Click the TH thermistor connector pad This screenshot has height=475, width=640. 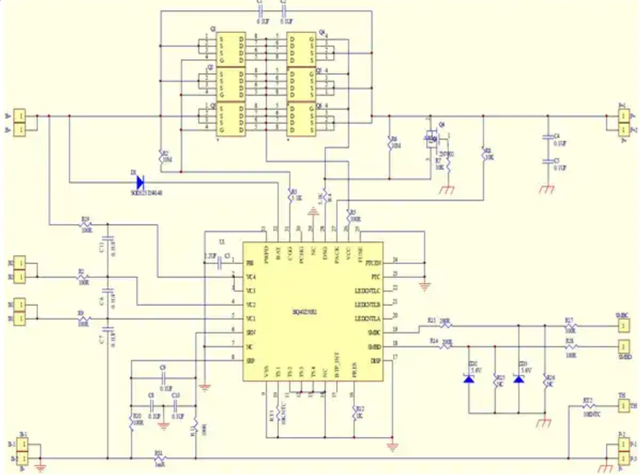pyautogui.click(x=623, y=406)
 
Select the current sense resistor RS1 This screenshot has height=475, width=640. pyautogui.click(x=158, y=456)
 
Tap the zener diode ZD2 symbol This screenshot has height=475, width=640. pyautogui.click(x=469, y=379)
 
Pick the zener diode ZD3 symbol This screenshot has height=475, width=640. pyautogui.click(x=519, y=379)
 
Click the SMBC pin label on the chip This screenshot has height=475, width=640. pyautogui.click(x=374, y=332)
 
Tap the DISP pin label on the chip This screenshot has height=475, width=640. pyautogui.click(x=375, y=361)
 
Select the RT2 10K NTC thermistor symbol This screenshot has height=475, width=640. pyautogui.click(x=588, y=406)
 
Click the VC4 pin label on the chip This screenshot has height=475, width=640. pyautogui.click(x=250, y=277)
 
